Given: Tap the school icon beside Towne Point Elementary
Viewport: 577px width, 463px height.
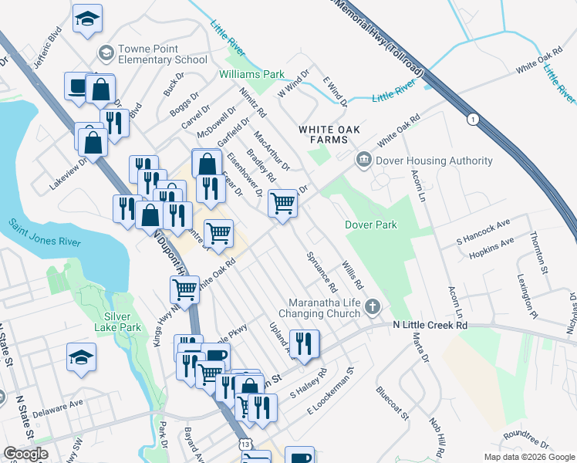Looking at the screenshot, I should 106,53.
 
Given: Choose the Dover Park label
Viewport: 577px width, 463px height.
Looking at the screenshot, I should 370,225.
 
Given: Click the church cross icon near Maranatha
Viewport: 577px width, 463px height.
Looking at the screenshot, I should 373,307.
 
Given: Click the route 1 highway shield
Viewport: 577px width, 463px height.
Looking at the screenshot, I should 472,119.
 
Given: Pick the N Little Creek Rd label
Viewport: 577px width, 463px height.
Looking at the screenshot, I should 429,326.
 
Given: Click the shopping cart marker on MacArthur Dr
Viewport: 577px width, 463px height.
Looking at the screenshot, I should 283,204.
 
